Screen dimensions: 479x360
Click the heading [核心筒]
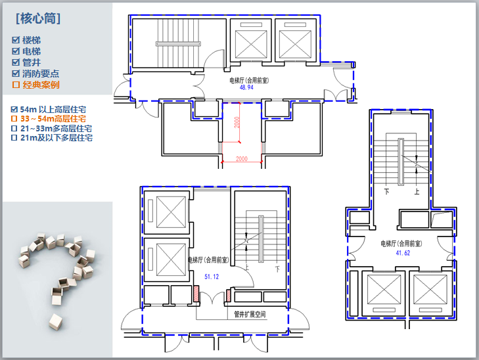[x=38, y=18]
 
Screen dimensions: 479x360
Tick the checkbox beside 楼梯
[x=16, y=40]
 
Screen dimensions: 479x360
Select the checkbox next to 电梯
[x=16, y=51]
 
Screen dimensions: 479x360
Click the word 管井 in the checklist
[x=32, y=62]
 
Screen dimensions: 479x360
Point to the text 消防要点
[x=41, y=74]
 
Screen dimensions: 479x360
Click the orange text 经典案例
[x=41, y=85]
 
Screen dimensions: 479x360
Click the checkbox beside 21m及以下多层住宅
[x=14, y=138]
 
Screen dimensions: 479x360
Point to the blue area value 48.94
[x=246, y=87]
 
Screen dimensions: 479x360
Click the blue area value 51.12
[x=212, y=277]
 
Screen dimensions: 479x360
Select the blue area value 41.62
[x=403, y=253]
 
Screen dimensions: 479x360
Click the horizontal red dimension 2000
[x=242, y=158]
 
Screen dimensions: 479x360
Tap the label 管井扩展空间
[x=250, y=314]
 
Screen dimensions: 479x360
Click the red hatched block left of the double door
[x=196, y=294]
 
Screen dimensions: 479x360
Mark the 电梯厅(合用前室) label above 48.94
[x=249, y=80]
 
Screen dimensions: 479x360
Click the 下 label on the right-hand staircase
[x=386, y=191]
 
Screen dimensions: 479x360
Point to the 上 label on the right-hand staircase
[x=417, y=191]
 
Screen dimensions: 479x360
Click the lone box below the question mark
[x=56, y=322]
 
